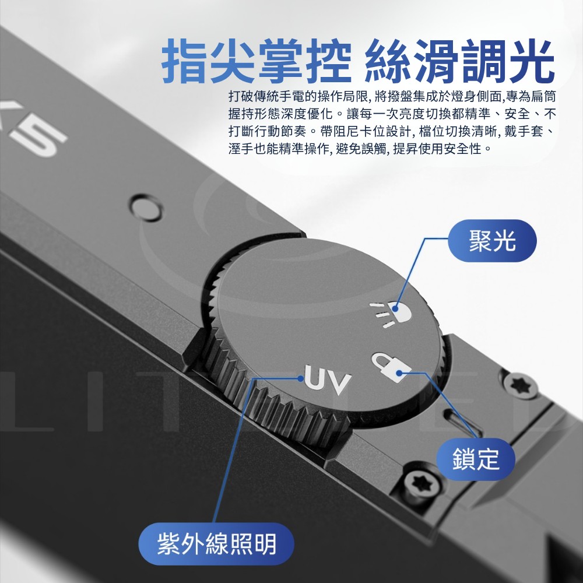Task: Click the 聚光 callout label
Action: [492, 241]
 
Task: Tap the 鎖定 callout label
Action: [475, 459]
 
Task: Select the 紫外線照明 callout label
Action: [216, 543]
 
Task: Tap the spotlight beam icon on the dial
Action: [391, 314]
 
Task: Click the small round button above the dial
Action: [146, 208]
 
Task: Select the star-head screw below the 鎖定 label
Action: [422, 484]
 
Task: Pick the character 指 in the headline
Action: [185, 61]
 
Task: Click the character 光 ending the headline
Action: [532, 61]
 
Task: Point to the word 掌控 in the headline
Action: [304, 61]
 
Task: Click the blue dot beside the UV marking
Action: [300, 378]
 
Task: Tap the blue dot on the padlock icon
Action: [399, 373]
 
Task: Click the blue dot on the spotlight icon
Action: [395, 308]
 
